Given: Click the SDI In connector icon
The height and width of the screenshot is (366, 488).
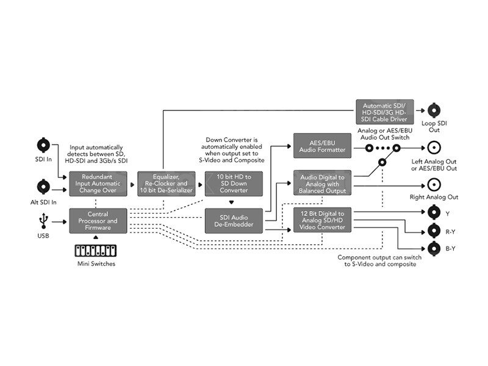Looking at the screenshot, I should [43, 145].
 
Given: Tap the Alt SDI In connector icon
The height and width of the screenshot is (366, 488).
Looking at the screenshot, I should [43, 187].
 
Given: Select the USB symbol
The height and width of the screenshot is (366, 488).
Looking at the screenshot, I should [43, 220].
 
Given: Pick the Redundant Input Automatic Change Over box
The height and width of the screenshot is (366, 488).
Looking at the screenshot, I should [98, 183].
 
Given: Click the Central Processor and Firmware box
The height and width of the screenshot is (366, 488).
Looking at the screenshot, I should [98, 221].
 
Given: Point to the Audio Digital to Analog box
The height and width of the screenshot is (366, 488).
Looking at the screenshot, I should [323, 183].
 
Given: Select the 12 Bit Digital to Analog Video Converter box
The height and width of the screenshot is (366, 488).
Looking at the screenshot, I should [323, 220].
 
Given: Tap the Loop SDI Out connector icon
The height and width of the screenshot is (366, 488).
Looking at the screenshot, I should [434, 110].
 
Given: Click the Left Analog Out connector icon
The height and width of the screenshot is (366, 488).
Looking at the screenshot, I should [434, 147].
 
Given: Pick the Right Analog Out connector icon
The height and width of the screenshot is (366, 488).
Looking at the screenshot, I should [434, 184].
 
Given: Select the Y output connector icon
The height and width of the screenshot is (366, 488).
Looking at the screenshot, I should [434, 213].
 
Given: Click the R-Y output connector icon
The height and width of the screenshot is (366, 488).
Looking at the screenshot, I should [434, 231].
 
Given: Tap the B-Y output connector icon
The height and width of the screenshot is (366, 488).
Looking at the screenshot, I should [434, 248].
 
